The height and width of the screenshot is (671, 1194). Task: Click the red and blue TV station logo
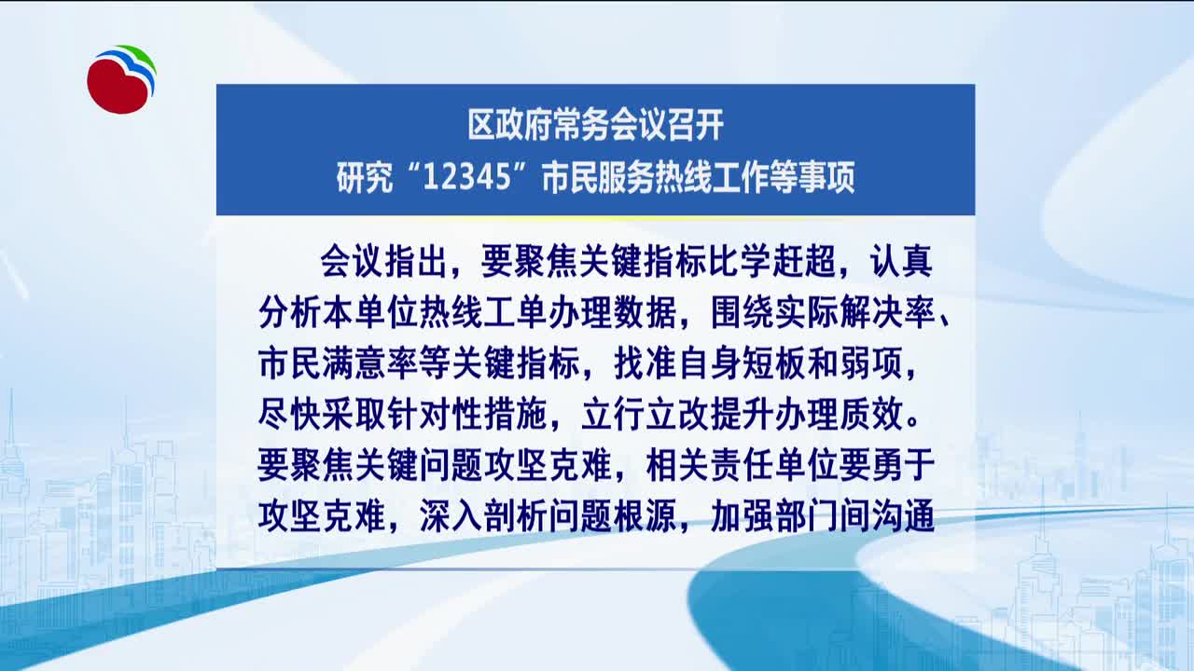[121, 79]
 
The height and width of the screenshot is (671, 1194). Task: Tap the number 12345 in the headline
[467, 177]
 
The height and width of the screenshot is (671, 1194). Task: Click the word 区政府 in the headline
[510, 125]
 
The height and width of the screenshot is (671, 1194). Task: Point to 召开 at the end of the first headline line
[696, 125]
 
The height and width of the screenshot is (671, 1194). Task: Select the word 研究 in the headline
[365, 177]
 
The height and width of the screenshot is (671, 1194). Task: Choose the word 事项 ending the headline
[826, 177]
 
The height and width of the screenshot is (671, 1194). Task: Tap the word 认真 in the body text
[901, 261]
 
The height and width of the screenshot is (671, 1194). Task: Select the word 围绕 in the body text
[743, 311]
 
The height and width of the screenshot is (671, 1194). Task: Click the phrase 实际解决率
[855, 311]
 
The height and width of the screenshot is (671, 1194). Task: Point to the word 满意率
[370, 363]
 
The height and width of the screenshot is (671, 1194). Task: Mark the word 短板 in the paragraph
[774, 363]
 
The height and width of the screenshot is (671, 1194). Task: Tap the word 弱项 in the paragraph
[871, 363]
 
